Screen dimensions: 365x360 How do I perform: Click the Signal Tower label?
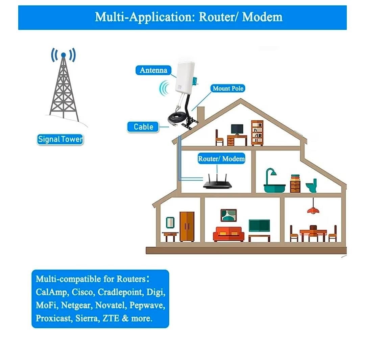tap(60, 139)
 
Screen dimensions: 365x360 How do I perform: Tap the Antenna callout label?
tap(153, 70)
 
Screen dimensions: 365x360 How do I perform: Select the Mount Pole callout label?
tap(228, 89)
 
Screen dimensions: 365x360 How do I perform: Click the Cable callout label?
tap(143, 127)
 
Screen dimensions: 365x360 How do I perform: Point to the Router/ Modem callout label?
tap(221, 159)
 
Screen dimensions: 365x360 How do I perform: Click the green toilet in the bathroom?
tap(312, 186)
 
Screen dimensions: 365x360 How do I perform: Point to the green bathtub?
tap(274, 181)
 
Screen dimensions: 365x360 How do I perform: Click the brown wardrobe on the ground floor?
tap(187, 226)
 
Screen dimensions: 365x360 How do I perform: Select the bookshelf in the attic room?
tap(257, 133)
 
